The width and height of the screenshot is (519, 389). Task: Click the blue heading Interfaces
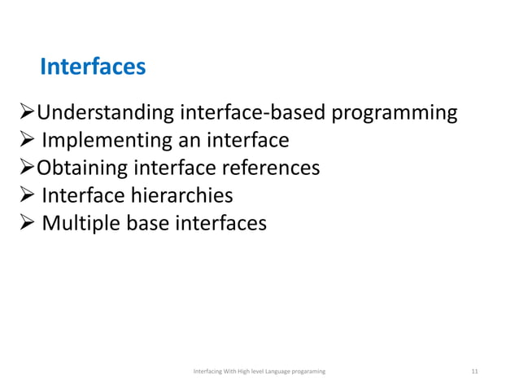coord(93,66)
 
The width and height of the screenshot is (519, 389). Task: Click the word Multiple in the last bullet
coord(81,222)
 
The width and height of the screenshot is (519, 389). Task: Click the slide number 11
coord(475,371)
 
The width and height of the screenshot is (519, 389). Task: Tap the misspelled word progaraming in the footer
coord(306,371)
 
